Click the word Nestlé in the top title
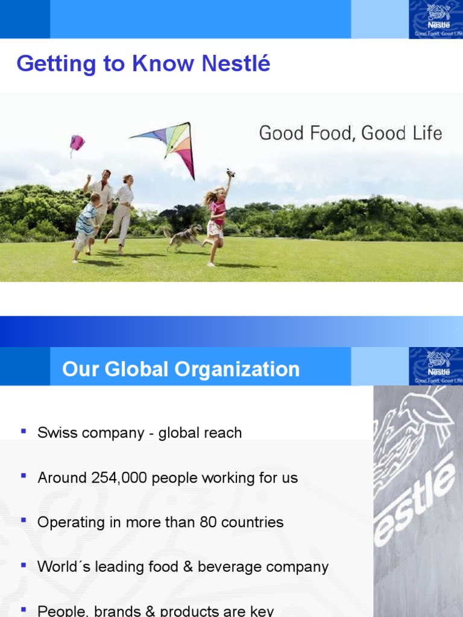tap(239, 64)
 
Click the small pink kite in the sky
tap(77, 143)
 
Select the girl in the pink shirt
tap(215, 217)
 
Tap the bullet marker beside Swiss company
tap(24, 431)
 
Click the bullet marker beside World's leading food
tap(24, 566)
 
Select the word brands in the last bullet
tap(102, 611)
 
